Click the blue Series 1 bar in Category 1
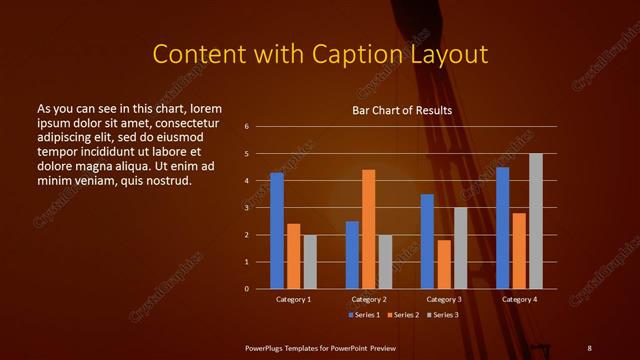(276, 230)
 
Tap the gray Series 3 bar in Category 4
(536, 221)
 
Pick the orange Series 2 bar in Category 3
(443, 264)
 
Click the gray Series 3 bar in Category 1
(310, 262)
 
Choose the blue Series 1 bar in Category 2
(352, 255)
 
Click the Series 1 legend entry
(363, 315)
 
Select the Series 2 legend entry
(404, 315)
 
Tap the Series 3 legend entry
(444, 315)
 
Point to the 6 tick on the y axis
(246, 127)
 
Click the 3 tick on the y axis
(246, 208)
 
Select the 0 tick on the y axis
(246, 289)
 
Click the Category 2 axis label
(369, 299)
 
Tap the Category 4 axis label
(519, 299)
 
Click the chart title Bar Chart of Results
(402, 110)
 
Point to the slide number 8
(589, 346)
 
